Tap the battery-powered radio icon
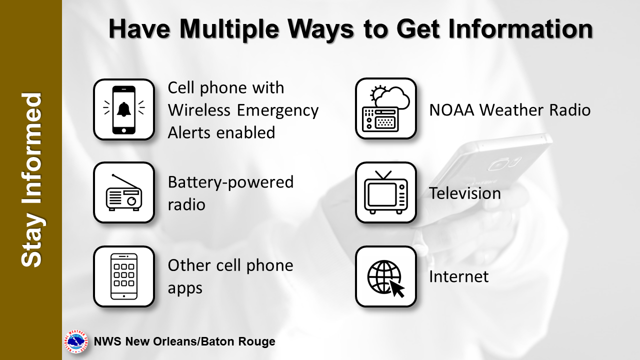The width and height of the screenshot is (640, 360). coord(124,192)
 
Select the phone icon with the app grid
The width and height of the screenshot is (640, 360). coord(124,276)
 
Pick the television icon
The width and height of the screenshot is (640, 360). coord(385,192)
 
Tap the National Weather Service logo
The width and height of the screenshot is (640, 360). coord(75,341)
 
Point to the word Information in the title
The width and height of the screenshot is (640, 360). coord(520,29)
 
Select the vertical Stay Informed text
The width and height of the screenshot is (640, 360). coord(31,180)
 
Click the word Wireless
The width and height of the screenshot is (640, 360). coord(199,110)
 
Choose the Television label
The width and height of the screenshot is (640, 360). coord(465,193)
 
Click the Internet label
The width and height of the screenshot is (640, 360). coord(459,276)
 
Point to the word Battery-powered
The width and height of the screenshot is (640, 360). coord(230,182)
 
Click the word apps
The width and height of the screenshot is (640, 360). coord(185,288)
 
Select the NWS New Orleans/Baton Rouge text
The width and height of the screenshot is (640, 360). coord(184,341)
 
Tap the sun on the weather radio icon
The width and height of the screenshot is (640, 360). coord(377,93)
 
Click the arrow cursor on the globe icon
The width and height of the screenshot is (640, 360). coord(397,289)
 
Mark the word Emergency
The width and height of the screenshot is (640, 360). coord(277,111)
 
